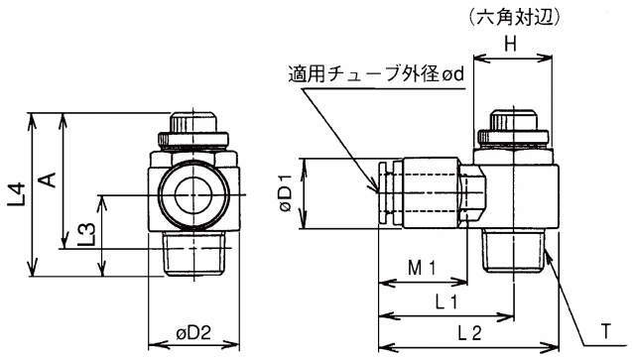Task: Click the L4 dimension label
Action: click(x=17, y=195)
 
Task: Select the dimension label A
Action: click(x=49, y=180)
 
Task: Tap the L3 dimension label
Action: click(x=86, y=235)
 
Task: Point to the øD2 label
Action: click(x=193, y=333)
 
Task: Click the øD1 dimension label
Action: click(x=286, y=193)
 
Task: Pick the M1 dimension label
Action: click(x=422, y=268)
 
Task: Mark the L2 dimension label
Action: click(x=470, y=333)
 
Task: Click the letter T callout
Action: click(x=605, y=332)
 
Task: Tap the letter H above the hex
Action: click(x=511, y=44)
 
